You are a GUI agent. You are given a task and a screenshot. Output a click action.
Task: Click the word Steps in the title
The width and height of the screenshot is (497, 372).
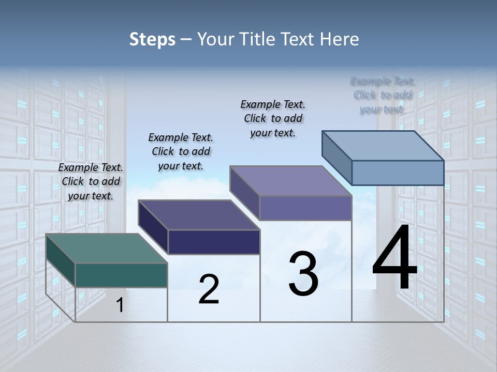pos(152,39)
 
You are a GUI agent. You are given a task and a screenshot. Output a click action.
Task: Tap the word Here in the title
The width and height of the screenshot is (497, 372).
pos(339,39)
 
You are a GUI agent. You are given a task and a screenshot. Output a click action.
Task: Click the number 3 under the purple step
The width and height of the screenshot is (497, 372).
pos(303,274)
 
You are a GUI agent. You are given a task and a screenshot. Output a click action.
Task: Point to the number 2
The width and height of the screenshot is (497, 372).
pos(209,289)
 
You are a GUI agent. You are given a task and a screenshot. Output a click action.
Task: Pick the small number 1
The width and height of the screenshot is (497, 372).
pos(120,305)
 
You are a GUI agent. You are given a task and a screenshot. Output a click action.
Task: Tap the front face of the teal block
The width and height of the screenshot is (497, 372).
pos(121,275)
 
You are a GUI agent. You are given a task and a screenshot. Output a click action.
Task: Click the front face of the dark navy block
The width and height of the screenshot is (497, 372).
pos(214,242)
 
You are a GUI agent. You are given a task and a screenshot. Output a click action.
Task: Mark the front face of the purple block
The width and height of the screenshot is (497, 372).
pos(305,208)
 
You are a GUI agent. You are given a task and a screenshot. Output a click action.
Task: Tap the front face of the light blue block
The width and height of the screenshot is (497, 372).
pos(398,173)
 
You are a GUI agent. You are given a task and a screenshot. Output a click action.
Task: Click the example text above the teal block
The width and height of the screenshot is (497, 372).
pos(91,181)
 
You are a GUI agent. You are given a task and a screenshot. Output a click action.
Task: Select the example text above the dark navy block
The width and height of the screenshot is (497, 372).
pos(181,151)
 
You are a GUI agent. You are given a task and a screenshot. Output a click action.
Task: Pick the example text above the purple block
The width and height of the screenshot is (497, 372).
pos(273,118)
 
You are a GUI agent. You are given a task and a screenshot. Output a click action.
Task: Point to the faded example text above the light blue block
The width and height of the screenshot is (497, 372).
pos(383,95)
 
